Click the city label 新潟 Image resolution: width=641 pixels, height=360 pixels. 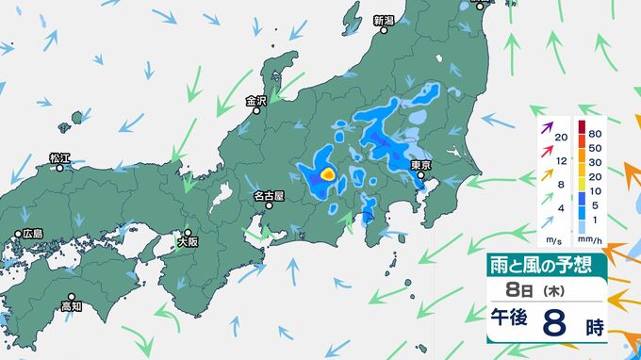[384, 20]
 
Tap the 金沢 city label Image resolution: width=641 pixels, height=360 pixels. [256, 101]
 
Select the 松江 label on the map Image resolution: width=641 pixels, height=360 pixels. [60, 157]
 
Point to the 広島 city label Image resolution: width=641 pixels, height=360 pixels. [33, 234]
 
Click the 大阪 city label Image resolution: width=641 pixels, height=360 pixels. [189, 242]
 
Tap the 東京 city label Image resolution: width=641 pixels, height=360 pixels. [421, 166]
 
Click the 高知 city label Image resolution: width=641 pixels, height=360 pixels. [73, 306]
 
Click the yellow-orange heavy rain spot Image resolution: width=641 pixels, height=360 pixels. [327, 174]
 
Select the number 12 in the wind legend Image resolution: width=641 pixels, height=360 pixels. [561, 162]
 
